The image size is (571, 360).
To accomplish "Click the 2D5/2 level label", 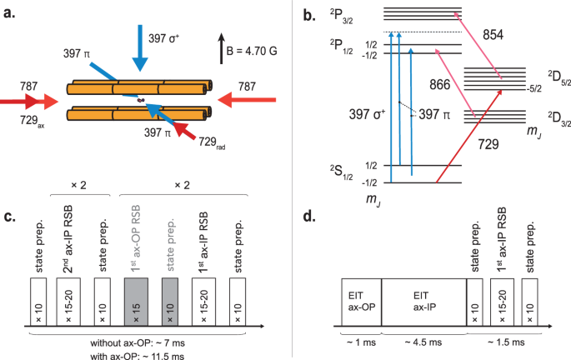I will tap(549, 77).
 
